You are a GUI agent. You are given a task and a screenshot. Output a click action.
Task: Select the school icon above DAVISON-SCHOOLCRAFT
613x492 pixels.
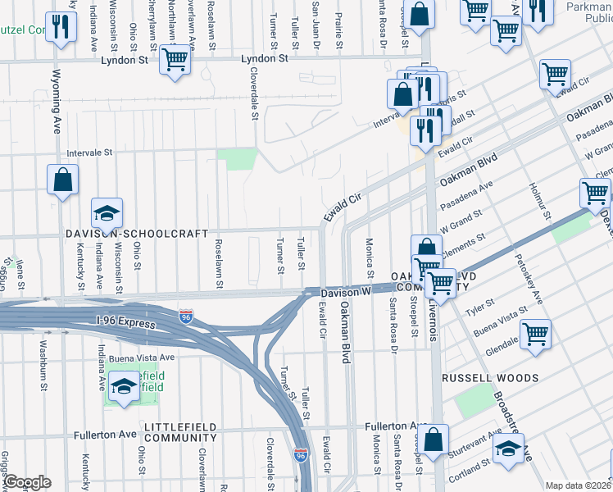107,213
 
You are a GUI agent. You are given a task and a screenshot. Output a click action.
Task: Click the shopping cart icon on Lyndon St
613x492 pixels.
175,60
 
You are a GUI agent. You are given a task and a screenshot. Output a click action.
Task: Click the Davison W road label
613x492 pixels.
346,291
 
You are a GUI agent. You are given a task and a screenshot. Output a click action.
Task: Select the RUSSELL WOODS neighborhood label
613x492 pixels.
489,379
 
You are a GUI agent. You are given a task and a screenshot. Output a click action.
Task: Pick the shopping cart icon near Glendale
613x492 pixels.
535,334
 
